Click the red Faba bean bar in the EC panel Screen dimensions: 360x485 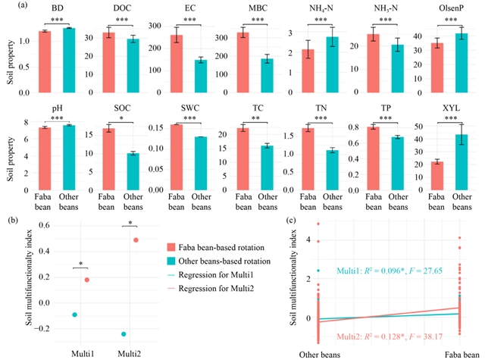pyautogui.click(x=176, y=64)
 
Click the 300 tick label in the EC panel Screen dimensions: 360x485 pyautogui.click(x=153, y=26)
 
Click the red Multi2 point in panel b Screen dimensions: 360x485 pyautogui.click(x=136, y=240)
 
